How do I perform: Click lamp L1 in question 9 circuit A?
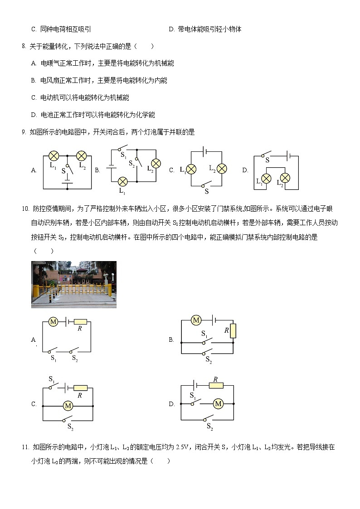click(54, 156)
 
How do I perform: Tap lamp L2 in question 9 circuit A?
click(82, 156)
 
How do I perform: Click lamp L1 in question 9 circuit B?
click(122, 182)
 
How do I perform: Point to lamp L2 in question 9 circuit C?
click(221, 169)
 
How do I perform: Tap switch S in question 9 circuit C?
click(206, 184)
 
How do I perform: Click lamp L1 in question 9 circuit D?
click(267, 177)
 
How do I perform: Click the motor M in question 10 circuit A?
click(53, 322)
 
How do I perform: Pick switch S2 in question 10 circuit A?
click(73, 351)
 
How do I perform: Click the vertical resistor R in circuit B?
click(233, 331)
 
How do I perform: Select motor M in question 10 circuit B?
click(196, 320)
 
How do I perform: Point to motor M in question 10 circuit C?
click(68, 405)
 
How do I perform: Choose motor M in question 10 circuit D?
click(218, 403)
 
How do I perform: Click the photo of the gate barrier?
click(74, 284)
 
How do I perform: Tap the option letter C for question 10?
click(34, 404)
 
